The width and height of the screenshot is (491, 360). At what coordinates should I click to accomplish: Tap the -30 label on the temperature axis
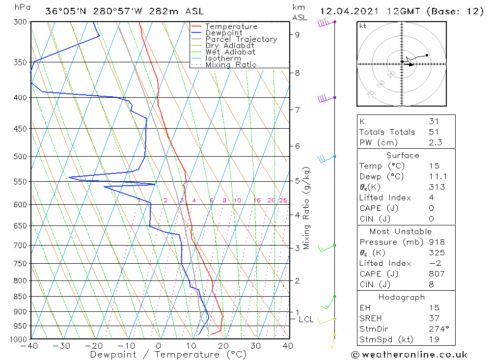(61, 346)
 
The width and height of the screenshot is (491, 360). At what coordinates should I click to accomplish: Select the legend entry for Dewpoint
(223, 33)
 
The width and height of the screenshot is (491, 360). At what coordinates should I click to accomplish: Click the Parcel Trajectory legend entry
(241, 39)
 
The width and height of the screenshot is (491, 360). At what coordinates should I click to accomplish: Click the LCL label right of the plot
(306, 319)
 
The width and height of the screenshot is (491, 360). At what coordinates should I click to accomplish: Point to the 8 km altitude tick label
(298, 73)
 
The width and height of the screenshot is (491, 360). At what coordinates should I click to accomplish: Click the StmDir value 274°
(437, 329)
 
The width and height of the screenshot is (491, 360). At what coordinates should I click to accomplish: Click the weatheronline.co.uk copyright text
(409, 354)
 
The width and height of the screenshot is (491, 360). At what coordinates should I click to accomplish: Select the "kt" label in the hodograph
(363, 26)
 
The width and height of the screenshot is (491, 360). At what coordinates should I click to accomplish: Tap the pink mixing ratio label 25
(283, 200)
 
